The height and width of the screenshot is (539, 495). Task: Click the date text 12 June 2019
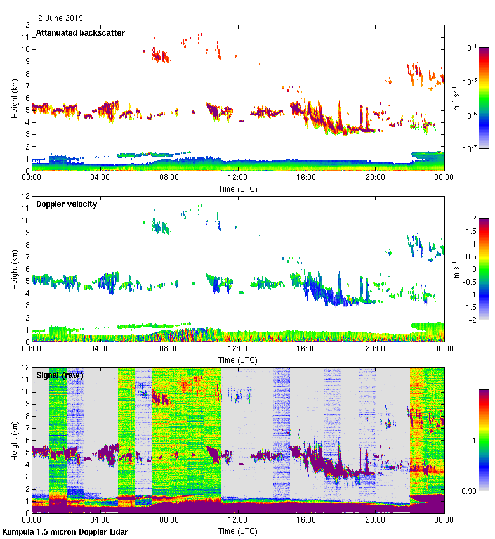(x=58, y=18)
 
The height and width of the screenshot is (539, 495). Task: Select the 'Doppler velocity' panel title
(x=69, y=204)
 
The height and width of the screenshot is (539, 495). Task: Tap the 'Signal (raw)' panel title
(x=60, y=375)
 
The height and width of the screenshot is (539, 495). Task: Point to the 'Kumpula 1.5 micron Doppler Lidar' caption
(x=65, y=531)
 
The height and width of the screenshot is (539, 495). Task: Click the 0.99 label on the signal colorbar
(x=470, y=491)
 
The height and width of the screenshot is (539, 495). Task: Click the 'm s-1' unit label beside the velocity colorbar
(x=458, y=269)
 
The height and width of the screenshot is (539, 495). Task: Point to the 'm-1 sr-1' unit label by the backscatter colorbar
(x=456, y=98)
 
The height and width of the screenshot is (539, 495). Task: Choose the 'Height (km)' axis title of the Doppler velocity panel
(x=15, y=269)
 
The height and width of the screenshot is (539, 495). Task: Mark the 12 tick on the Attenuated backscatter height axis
(x=25, y=25)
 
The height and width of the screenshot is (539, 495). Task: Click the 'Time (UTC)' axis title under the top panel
(x=238, y=188)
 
